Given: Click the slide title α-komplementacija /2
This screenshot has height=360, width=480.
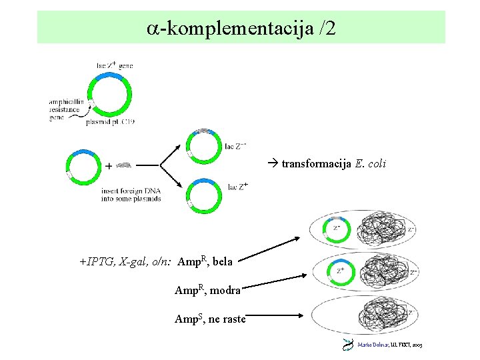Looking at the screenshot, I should [x=241, y=28].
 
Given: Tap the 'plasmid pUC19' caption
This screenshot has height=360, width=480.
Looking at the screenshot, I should [x=109, y=122].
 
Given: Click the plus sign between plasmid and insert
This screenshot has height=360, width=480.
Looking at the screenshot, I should [x=109, y=165].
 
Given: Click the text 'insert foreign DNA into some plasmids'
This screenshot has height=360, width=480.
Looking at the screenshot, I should [x=131, y=195].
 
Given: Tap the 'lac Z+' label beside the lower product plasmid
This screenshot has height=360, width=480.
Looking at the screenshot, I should [x=237, y=187].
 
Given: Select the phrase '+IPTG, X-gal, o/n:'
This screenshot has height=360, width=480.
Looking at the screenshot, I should [x=127, y=262].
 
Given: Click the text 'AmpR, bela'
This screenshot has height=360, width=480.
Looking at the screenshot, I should [x=205, y=261].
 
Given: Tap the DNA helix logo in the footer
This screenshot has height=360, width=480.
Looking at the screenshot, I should [x=348, y=345].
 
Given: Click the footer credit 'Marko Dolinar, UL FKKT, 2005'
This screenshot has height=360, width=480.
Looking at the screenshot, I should [x=390, y=345].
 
